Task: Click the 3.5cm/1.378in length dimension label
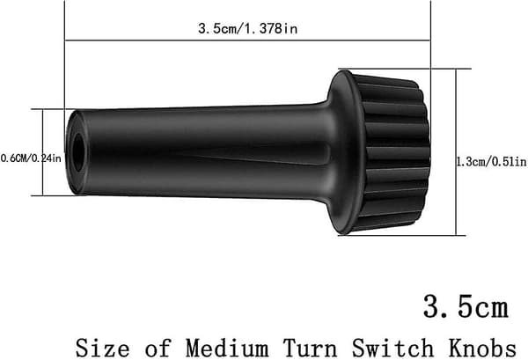pos(247,28)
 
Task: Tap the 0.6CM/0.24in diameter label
pos(31,158)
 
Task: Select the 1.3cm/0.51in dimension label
pos(491,162)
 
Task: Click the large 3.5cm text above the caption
pos(466,306)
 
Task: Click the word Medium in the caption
pos(227,348)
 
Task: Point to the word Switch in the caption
pos(392,348)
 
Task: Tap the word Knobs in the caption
pos(482,348)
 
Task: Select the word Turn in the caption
pos(310,348)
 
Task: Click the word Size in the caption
pos(102,348)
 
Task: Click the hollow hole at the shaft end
pos(78,152)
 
